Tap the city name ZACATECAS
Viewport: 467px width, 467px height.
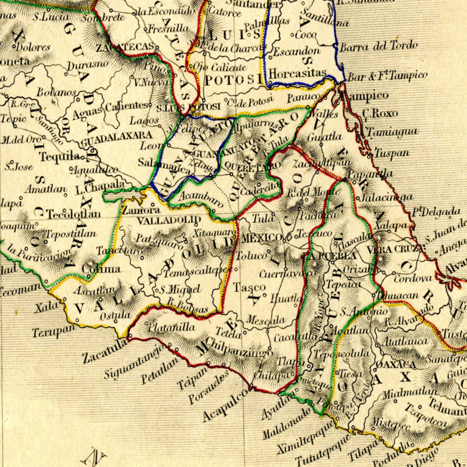point(125,47)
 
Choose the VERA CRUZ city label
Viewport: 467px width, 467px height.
point(392,249)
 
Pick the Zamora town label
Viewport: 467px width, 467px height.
point(141,210)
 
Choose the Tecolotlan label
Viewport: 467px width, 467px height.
point(74,214)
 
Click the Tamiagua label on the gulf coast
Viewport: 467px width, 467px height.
point(393,132)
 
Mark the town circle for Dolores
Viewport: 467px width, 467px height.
point(14,46)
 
